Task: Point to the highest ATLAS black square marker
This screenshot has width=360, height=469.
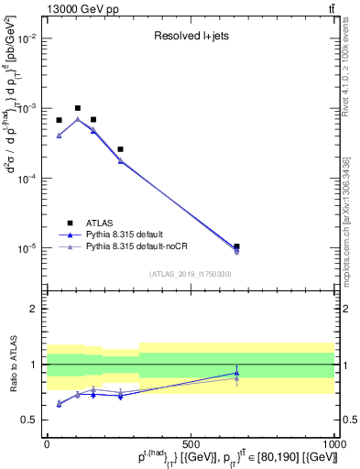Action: click(78, 108)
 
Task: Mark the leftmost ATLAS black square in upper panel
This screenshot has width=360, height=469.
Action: click(59, 120)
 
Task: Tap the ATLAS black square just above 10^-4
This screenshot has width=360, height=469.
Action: click(120, 148)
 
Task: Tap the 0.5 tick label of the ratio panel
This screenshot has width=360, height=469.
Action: click(29, 420)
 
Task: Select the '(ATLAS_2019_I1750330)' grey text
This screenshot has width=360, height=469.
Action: click(191, 274)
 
